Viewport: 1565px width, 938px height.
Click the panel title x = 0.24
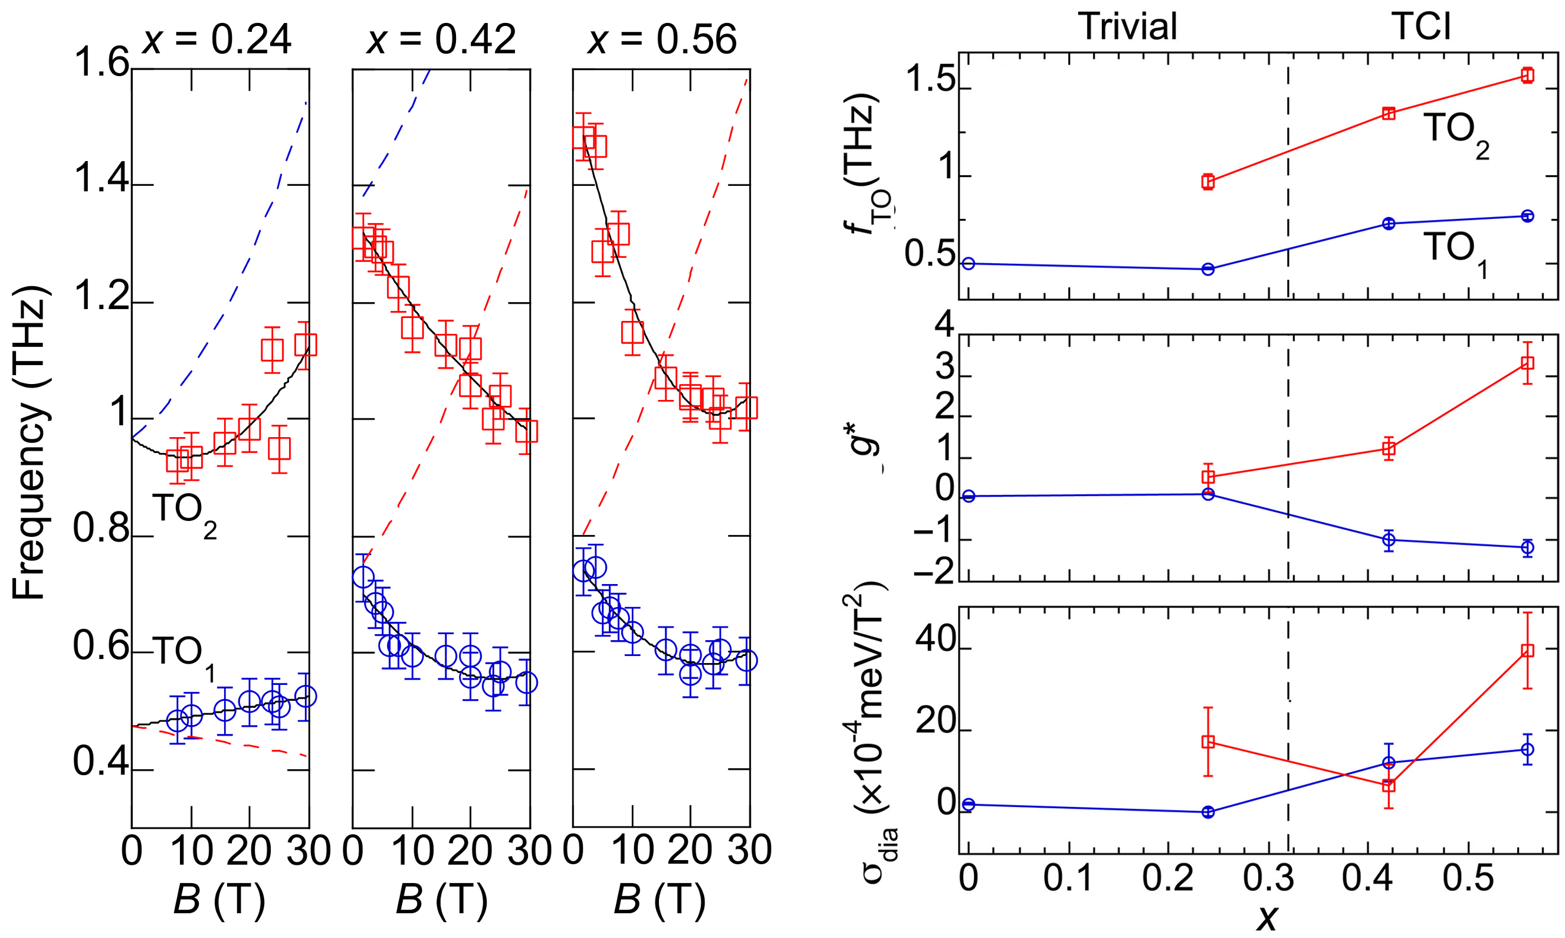217,39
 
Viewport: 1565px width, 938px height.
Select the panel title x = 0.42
441,39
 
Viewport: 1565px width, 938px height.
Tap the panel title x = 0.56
662,39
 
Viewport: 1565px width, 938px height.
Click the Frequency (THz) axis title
29,442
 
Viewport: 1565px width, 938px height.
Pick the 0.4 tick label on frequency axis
101,762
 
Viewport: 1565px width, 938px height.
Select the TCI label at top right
1420,27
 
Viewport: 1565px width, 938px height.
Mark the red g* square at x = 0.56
1527,363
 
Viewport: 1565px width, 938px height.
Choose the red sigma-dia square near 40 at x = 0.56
1527,651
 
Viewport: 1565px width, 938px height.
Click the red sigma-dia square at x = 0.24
1208,742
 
